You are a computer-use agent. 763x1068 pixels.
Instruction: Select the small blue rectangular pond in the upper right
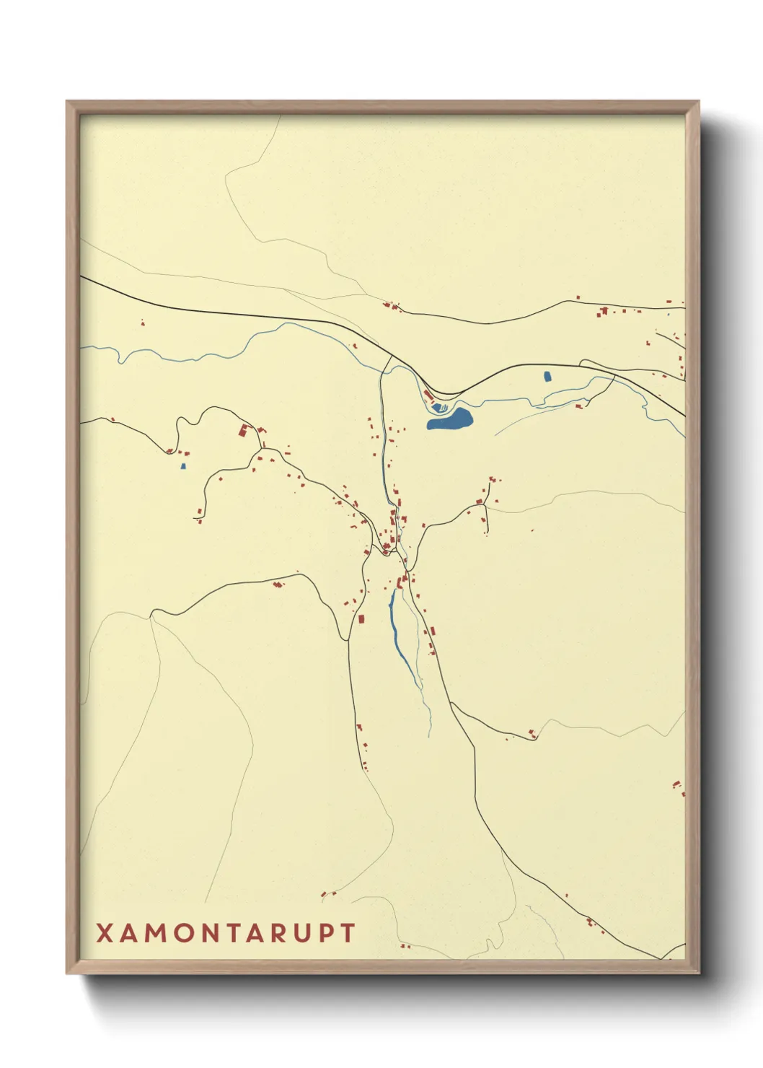[x=546, y=376]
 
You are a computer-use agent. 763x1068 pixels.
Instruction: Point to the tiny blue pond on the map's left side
[x=183, y=466]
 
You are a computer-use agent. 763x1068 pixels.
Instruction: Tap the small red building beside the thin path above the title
[x=329, y=894]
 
